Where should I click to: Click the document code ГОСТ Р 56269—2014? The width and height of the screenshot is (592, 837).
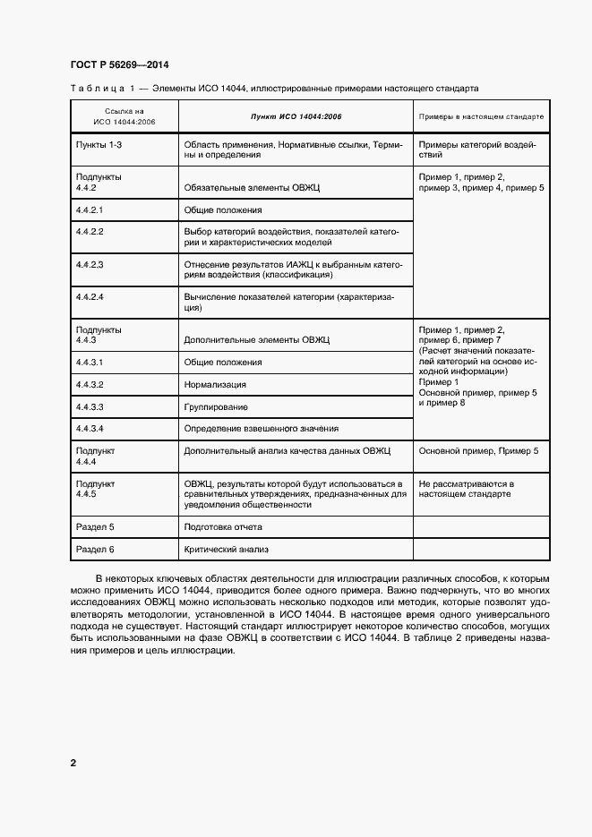point(119,65)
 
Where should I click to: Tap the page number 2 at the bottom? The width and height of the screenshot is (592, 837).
point(73,763)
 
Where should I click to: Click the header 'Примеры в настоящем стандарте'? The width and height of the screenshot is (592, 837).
point(481,117)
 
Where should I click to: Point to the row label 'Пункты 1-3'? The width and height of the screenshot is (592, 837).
point(99,144)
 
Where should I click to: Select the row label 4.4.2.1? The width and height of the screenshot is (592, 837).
point(90,209)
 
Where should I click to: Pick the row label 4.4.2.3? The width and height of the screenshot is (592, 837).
point(90,265)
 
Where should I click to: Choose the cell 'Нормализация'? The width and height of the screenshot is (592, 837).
point(215,384)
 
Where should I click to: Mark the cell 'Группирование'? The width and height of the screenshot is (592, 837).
point(216,406)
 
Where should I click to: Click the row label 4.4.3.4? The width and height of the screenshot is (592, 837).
point(90,428)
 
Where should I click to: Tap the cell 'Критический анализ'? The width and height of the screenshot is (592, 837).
point(226,549)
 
